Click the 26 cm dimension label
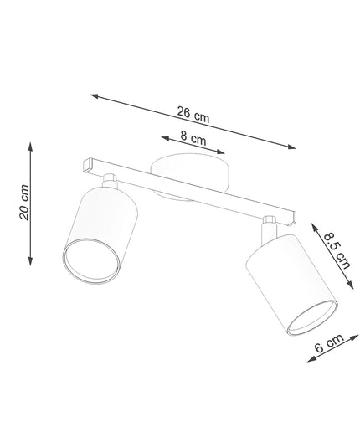193,115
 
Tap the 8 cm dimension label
193,137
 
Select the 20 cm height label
24,202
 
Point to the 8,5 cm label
337,251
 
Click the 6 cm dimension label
329,343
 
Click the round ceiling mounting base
190,173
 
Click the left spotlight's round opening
91,261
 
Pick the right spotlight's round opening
312,317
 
